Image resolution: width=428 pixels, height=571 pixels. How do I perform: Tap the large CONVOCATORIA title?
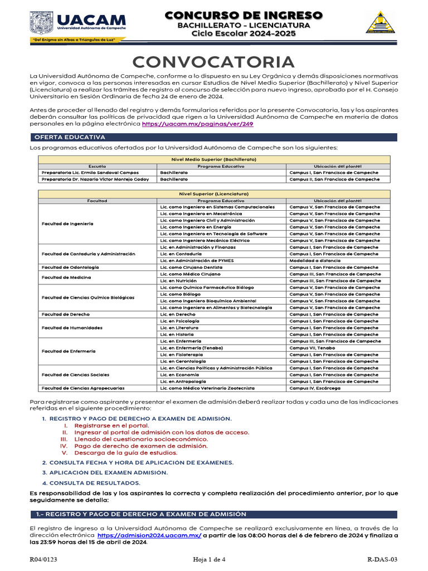(x=213, y=62)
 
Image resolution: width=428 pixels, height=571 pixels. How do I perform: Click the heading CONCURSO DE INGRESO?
(x=244, y=15)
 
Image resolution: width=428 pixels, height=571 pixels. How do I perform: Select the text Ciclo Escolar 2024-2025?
(x=244, y=34)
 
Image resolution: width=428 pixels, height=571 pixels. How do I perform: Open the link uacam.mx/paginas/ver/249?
(x=198, y=124)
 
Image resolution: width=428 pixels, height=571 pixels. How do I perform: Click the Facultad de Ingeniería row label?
(x=68, y=224)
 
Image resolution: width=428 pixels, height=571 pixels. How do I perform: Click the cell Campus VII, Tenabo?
(x=312, y=347)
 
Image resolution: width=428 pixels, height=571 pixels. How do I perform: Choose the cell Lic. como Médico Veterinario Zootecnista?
(x=207, y=388)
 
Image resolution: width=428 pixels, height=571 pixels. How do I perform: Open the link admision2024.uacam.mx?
(x=149, y=535)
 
